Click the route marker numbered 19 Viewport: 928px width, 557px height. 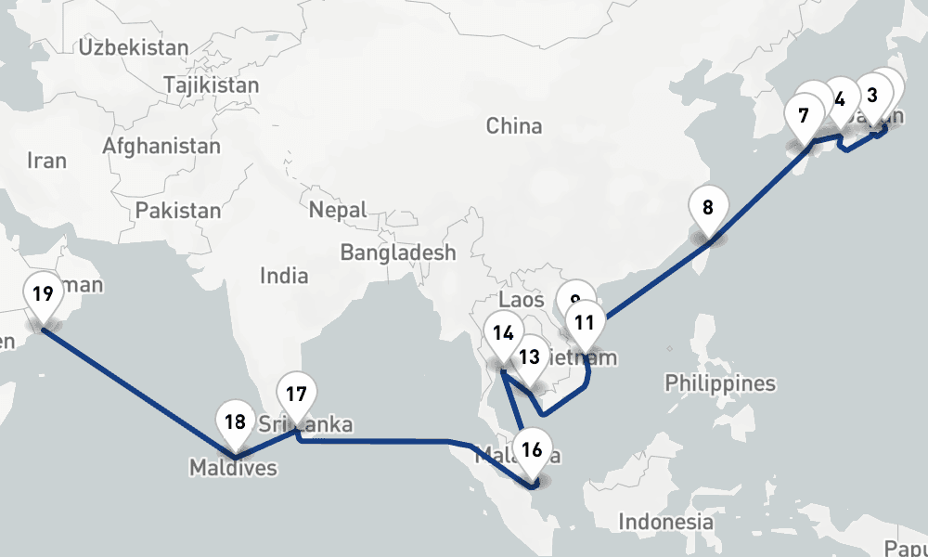(42, 296)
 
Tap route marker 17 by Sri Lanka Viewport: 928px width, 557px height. (296, 395)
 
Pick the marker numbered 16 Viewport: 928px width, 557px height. (532, 452)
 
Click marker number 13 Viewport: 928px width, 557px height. (529, 357)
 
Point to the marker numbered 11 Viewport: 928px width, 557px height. (585, 324)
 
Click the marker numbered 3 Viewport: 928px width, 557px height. (871, 96)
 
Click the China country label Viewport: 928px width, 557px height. (514, 125)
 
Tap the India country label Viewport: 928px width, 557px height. (284, 276)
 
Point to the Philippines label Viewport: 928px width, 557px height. (720, 383)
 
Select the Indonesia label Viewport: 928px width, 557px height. (666, 522)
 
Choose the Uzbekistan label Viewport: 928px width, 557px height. (134, 47)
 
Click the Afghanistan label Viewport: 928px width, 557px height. (161, 146)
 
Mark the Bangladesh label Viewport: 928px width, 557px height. (398, 253)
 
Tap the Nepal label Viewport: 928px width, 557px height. (338, 211)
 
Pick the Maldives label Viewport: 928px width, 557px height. (233, 468)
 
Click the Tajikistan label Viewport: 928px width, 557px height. (211, 85)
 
